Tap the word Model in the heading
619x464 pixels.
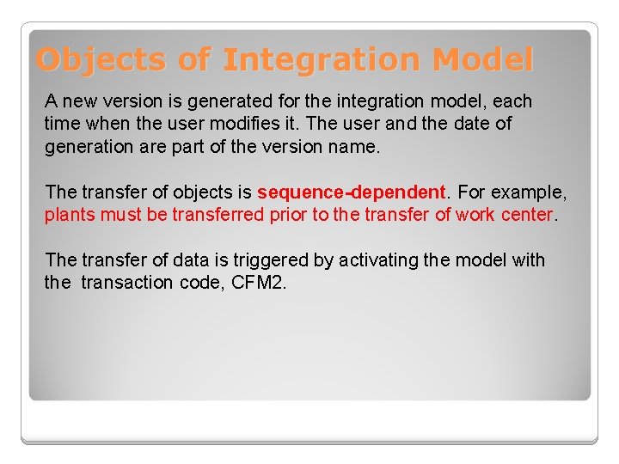483,60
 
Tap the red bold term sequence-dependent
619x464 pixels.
350,192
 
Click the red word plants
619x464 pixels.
70,214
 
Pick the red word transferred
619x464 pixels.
218,214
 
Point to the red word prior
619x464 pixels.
289,214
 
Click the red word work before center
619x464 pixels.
475,214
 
